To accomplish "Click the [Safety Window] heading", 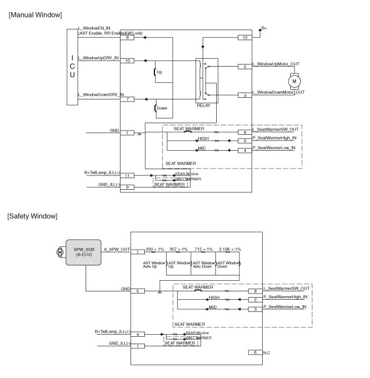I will (x=32, y=216).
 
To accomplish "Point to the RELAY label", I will (x=203, y=105).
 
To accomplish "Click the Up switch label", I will (x=160, y=71).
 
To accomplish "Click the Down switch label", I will (x=161, y=108).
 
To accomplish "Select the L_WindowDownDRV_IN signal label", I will (x=101, y=95).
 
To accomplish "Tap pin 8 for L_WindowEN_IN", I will (x=127, y=38).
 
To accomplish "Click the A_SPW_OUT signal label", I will (x=117, y=248).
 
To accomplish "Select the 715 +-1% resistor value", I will (x=203, y=249).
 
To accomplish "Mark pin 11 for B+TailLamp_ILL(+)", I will (x=127, y=175).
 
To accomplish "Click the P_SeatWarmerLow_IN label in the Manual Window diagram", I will (x=274, y=147).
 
